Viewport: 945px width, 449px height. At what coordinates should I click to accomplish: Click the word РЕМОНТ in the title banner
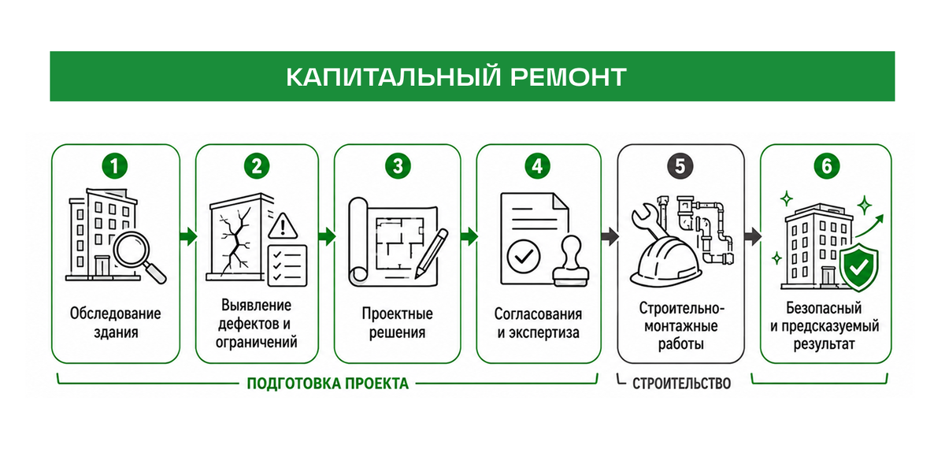(569, 77)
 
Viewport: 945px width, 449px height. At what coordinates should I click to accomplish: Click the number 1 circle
(115, 166)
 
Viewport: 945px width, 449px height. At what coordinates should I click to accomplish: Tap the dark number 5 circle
(680, 166)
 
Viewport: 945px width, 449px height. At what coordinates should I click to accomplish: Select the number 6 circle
(826, 166)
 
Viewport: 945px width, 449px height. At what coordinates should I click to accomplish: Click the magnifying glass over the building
(137, 255)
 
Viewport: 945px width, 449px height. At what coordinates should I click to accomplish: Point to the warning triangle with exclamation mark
(283, 226)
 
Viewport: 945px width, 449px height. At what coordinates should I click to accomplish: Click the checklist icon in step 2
(287, 265)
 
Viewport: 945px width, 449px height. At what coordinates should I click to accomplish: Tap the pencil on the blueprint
(432, 253)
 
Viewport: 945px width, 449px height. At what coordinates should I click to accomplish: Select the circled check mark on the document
(524, 256)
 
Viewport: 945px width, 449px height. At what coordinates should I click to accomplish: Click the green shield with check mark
(858, 267)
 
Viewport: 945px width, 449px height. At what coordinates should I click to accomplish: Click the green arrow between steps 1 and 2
(187, 236)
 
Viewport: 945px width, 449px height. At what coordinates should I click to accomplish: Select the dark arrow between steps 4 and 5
(610, 236)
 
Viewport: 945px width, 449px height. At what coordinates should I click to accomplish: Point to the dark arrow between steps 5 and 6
(753, 236)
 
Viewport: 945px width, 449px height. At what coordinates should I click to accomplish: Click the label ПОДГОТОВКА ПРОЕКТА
(328, 384)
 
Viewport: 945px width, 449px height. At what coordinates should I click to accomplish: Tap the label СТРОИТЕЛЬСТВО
(681, 384)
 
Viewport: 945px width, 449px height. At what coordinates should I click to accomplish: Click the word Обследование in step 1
(115, 314)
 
